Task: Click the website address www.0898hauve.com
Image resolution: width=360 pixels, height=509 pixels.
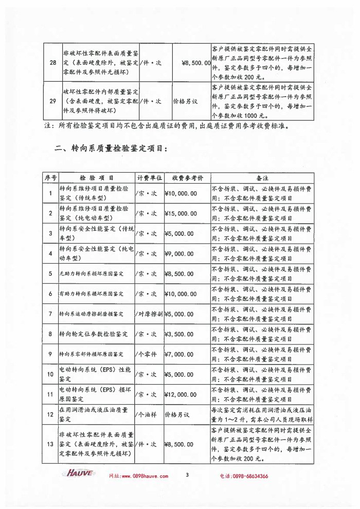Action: point(138,476)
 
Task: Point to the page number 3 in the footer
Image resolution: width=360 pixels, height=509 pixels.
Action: point(188,475)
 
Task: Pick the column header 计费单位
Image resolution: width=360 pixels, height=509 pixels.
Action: point(149,178)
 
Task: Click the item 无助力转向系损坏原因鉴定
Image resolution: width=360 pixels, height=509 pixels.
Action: point(91,274)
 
